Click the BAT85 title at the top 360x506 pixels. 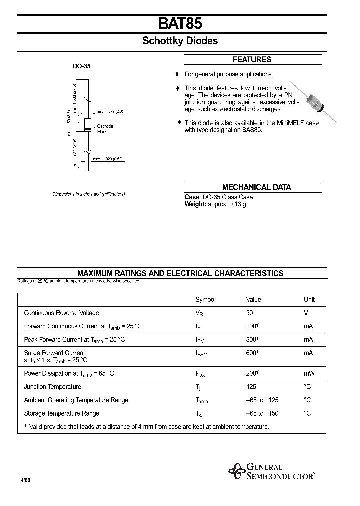180,23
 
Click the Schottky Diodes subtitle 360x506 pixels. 180,41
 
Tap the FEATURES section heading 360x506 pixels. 252,60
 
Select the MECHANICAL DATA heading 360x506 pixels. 256,187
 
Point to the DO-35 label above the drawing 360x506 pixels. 81,66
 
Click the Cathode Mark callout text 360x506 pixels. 105,128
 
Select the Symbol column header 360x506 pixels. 205,300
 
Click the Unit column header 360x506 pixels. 309,300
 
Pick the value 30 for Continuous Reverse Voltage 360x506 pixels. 249,313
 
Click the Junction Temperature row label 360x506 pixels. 52,387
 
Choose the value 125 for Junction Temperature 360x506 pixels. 251,387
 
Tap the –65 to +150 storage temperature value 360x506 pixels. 262,414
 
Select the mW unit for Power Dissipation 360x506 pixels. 309,373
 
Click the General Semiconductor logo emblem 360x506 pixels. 236,470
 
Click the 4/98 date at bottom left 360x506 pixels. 25,480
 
